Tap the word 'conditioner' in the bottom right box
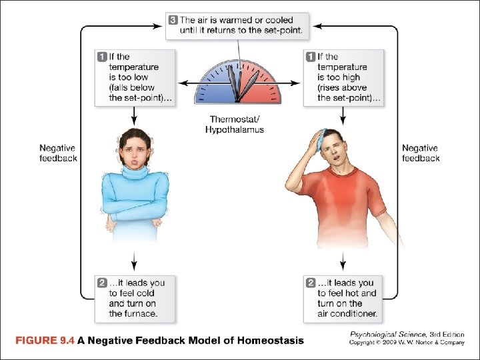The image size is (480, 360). pyautogui.click(x=353, y=313)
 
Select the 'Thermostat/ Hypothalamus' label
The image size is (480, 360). pyautogui.click(x=235, y=124)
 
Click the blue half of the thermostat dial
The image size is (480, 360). pyautogui.click(x=213, y=87)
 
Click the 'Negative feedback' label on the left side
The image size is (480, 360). pyautogui.click(x=58, y=153)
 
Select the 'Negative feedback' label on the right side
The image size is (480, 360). pyautogui.click(x=421, y=153)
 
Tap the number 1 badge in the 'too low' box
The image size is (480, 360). pyautogui.click(x=102, y=57)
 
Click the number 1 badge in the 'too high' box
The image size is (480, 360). pyautogui.click(x=311, y=57)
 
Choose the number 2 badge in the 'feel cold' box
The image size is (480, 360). pyautogui.click(x=102, y=283)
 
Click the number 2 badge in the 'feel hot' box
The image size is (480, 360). pyautogui.click(x=311, y=283)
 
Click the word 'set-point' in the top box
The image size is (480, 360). pyautogui.click(x=281, y=30)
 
